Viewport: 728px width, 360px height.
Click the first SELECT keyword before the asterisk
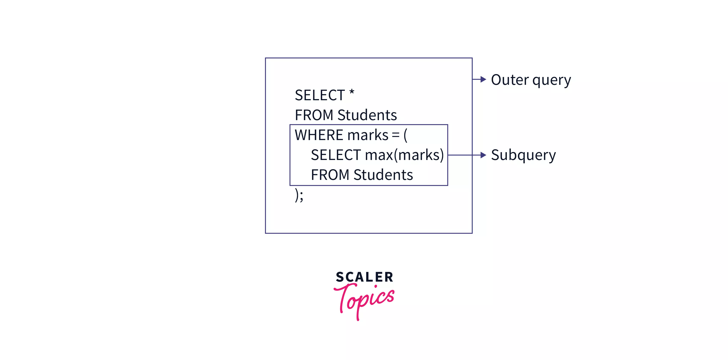(320, 95)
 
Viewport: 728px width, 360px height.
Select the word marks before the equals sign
(368, 135)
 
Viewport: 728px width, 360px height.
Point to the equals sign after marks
(396, 135)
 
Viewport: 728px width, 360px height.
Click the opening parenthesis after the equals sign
(406, 135)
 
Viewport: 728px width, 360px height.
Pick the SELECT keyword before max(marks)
(336, 155)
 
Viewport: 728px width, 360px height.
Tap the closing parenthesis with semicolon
(299, 195)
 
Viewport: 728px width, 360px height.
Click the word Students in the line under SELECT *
(367, 115)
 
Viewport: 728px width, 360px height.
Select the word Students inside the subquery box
(383, 175)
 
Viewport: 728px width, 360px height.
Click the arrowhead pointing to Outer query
(483, 79)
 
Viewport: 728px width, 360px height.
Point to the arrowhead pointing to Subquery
(483, 155)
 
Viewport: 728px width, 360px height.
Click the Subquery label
(523, 155)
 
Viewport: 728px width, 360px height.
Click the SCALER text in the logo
(364, 277)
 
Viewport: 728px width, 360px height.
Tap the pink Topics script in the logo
(364, 300)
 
